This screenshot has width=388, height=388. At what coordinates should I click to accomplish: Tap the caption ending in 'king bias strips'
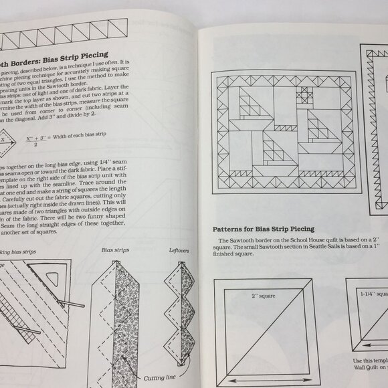pos(27,253)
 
